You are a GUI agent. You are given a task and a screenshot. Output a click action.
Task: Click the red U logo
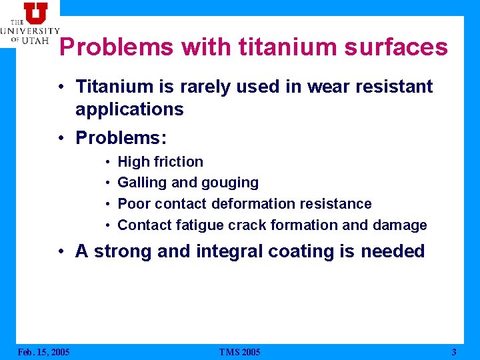35,13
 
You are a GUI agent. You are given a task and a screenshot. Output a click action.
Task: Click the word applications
129,109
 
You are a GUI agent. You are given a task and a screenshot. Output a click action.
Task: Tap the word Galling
141,183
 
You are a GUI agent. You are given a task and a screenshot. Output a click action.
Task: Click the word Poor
134,204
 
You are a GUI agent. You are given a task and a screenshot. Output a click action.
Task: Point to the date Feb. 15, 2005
43,352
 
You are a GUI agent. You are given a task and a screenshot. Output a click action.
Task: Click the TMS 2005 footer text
239,352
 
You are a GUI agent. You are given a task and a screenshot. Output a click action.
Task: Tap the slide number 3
454,352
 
